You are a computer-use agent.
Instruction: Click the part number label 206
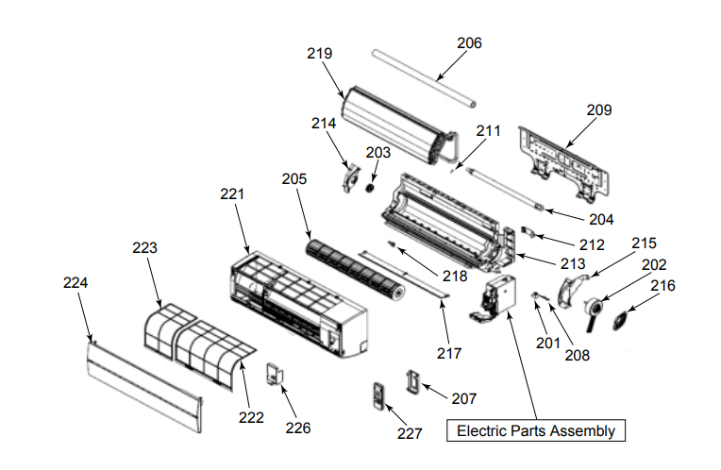pyautogui.click(x=469, y=42)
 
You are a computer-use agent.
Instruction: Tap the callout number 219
pyautogui.click(x=319, y=54)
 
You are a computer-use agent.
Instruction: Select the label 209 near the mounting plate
pyautogui.click(x=598, y=109)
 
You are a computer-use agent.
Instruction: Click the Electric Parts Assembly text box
pyautogui.click(x=535, y=430)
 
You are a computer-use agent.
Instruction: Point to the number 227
pyautogui.click(x=410, y=433)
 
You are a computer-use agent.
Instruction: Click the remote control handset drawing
pyautogui.click(x=379, y=396)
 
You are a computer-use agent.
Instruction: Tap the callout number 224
pyautogui.click(x=75, y=281)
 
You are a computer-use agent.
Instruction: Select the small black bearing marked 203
pyautogui.click(x=371, y=186)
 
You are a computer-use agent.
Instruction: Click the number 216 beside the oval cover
pyautogui.click(x=663, y=284)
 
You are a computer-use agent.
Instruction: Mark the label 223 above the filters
pyautogui.click(x=144, y=247)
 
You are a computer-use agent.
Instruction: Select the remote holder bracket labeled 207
pyautogui.click(x=413, y=379)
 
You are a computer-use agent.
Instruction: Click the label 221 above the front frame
pyautogui.click(x=232, y=193)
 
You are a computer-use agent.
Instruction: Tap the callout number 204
pyautogui.click(x=601, y=219)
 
